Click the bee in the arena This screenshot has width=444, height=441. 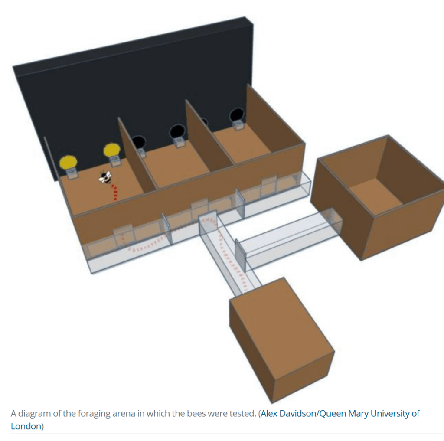pos(105,177)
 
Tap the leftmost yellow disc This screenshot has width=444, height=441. pos(68,163)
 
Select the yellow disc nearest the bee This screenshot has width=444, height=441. pos(112,150)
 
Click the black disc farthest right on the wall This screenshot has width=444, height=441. pos(237,115)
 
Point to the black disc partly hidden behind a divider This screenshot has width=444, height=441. pos(204,122)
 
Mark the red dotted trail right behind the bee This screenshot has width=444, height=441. pos(115,193)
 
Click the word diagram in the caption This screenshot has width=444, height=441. pos(34,414)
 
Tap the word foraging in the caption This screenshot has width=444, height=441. pos(92,414)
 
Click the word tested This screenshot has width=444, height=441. pos(243,414)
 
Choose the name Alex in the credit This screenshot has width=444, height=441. pos(269,414)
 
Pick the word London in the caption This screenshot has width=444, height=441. pos(26,426)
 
